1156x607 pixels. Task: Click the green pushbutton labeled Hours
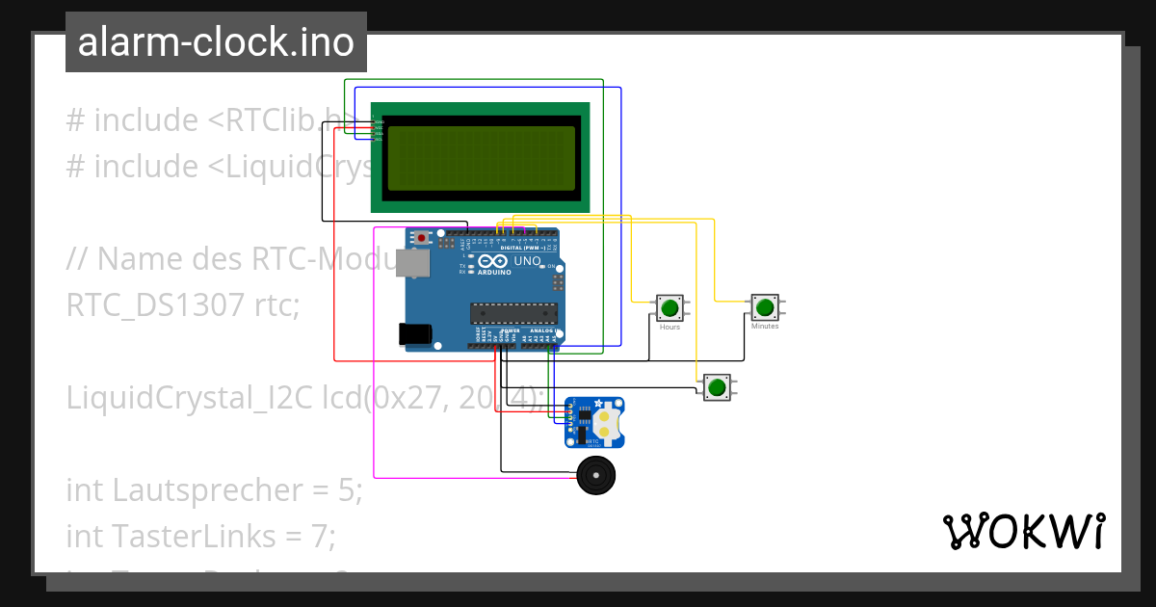point(670,308)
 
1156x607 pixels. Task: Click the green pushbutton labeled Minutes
point(765,307)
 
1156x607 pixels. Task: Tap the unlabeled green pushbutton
point(716,387)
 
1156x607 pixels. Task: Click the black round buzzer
point(595,475)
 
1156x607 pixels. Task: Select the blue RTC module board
point(593,423)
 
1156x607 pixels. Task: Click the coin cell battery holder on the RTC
point(605,423)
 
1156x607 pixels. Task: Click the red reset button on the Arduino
point(421,237)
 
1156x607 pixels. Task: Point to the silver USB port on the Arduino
point(414,264)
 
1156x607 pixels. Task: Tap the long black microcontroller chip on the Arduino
point(513,311)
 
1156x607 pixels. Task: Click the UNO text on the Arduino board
point(527,261)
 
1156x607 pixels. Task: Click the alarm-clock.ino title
point(216,42)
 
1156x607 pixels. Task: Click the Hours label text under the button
point(670,328)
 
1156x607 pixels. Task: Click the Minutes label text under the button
point(765,327)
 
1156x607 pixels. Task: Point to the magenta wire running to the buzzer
point(374,385)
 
